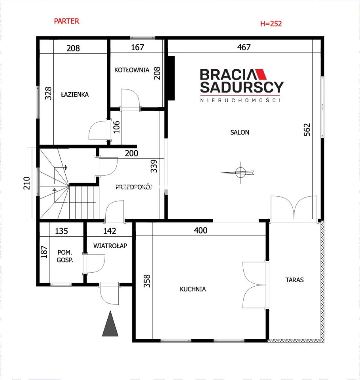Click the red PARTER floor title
coord(66,21)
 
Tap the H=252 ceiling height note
coord(271,23)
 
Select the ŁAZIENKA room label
coord(75,95)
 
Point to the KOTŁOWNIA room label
coord(132,70)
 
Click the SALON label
coord(240,132)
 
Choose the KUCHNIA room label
coord(193,289)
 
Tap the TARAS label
coord(294,280)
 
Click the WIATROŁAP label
coord(110,246)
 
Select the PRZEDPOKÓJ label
coord(134,187)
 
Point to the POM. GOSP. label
coord(65,256)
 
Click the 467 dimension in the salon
coord(244,47)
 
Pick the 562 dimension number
coord(307,130)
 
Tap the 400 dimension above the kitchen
coord(201,230)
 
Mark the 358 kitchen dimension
coord(147,281)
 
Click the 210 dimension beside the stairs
coord(27,183)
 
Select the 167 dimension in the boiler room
coord(137,47)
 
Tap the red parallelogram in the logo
coord(261,74)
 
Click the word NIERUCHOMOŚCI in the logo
coord(240,100)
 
